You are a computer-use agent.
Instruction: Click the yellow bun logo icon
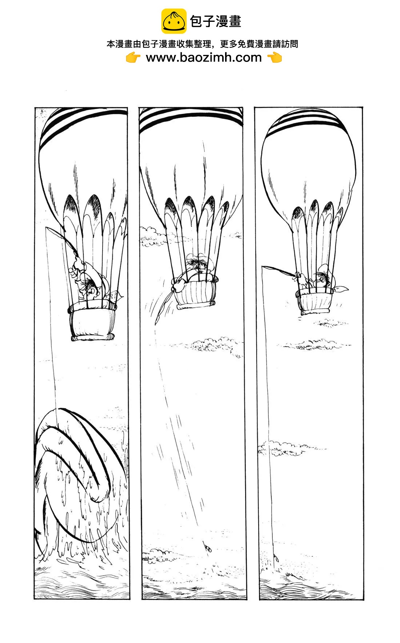coord(173,21)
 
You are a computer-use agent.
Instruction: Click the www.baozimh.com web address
coord(204,57)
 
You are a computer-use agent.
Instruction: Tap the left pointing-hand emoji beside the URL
coord(133,57)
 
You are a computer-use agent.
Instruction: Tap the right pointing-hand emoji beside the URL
coord(275,57)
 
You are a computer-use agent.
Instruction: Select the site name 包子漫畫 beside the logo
coord(216,21)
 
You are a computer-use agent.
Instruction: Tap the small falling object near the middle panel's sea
coord(208,547)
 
